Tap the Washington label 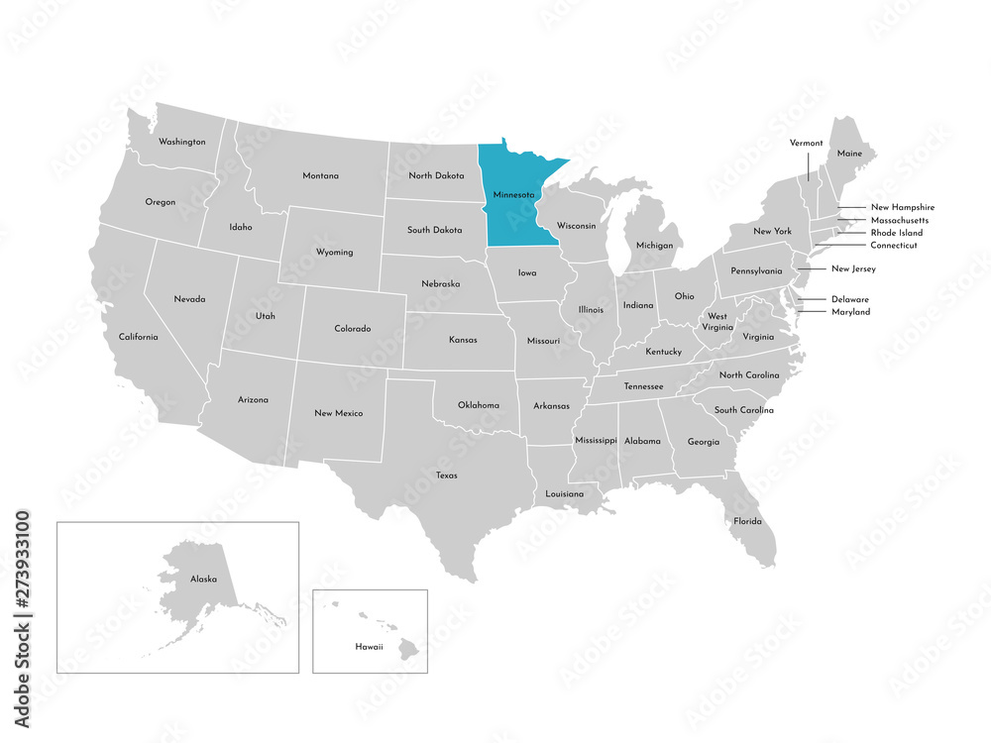coord(182,142)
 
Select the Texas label coord(446,476)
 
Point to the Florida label coord(747,521)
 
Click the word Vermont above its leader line coord(806,143)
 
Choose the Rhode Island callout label coord(896,233)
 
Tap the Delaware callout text coord(849,299)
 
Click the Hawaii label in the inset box coord(370,645)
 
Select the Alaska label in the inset coord(203,579)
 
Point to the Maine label coord(849,154)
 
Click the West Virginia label coord(716,322)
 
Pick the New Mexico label coord(339,413)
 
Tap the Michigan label coord(654,245)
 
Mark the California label coord(138,337)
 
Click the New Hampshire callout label coord(902,207)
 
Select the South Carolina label coord(743,410)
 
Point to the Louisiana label coord(565,493)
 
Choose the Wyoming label coord(334,253)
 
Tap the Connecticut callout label coord(894,245)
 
